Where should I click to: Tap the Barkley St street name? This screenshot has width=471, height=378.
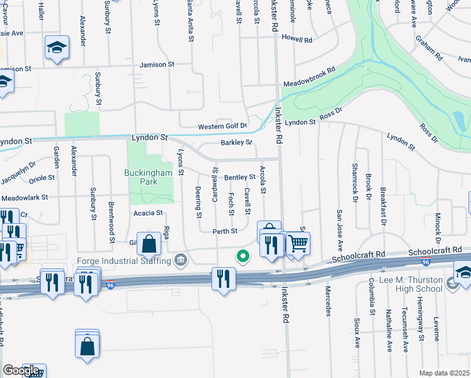[236, 142]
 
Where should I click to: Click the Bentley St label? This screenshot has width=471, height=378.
[239, 177]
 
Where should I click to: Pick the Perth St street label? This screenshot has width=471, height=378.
[224, 231]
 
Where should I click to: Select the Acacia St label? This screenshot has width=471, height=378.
[149, 213]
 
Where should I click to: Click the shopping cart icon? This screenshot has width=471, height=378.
[298, 243]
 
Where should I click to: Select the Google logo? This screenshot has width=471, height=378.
[21, 370]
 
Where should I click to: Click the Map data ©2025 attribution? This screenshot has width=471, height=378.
[444, 373]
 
